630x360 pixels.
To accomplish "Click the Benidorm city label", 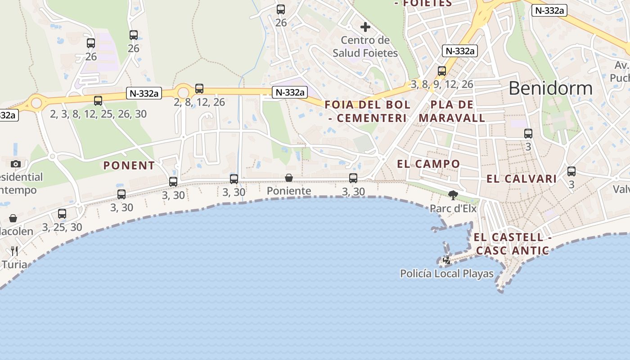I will tap(550, 88).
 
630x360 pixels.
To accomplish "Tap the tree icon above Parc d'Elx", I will tap(453, 195).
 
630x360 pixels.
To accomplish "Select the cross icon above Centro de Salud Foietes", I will tap(365, 27).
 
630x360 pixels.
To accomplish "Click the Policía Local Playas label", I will tap(447, 273).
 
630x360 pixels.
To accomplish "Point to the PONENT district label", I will tap(129, 166).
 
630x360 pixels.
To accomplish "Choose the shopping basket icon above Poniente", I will tap(289, 178).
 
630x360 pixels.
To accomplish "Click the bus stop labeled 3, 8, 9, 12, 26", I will tap(442, 71).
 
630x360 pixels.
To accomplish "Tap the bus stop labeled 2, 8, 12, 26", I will tap(199, 89).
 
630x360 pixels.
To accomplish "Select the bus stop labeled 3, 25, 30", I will tap(62, 214).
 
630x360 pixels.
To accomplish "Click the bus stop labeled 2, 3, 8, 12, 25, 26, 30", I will tap(98, 101).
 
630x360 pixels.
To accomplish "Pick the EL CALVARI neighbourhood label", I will tap(522, 179).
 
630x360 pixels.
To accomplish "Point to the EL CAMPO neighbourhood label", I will tap(428, 164).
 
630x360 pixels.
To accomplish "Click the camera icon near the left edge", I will tap(16, 164).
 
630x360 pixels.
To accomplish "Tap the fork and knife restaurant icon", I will tap(14, 251).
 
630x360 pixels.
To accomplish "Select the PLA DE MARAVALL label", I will tap(452, 111).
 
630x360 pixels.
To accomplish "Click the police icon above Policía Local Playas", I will tap(447, 260).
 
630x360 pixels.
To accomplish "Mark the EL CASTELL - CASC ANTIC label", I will tap(513, 244).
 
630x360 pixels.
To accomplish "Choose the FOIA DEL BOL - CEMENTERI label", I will tap(368, 111).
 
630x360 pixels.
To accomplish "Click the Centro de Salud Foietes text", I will tap(365, 46).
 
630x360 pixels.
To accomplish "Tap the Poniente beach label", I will tap(289, 191).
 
